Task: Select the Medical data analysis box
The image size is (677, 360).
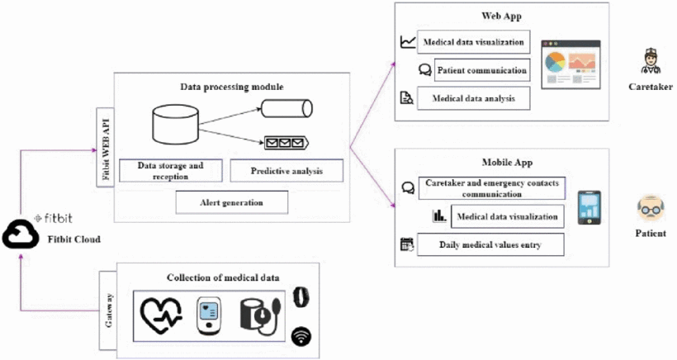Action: [474, 98]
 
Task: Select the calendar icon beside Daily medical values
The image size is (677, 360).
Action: [405, 244]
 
